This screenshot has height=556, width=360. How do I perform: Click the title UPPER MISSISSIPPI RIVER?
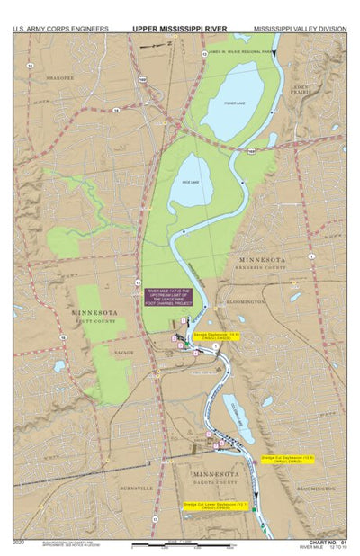pyautogui.click(x=180, y=29)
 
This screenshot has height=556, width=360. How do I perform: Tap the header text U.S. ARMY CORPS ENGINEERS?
pyautogui.click(x=60, y=29)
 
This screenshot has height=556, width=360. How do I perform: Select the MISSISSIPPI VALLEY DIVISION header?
pyautogui.click(x=300, y=29)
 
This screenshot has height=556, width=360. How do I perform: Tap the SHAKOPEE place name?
pyautogui.click(x=60, y=78)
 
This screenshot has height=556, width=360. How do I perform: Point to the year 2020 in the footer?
pyautogui.click(x=20, y=543)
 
